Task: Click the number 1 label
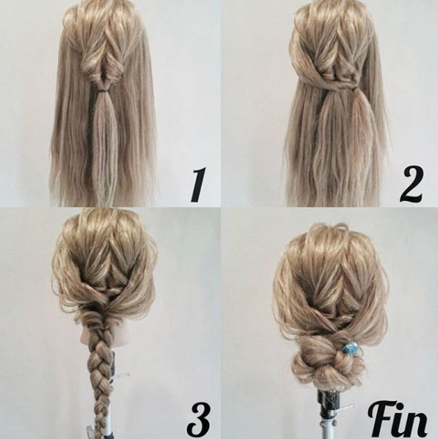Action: click(199, 185)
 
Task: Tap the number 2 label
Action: click(411, 185)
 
